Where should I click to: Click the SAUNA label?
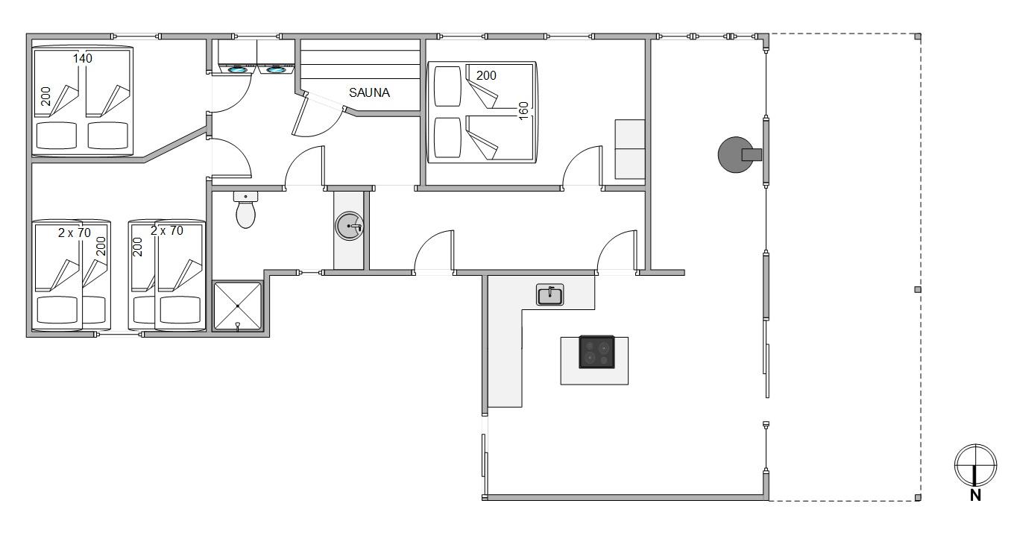(369, 92)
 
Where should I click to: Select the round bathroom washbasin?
(350, 226)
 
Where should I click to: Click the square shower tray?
(237, 306)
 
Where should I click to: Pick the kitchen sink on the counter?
(549, 294)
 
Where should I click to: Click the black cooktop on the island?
(596, 352)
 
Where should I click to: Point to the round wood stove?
(736, 155)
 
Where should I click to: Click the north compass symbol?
(975, 465)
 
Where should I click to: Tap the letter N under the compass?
(975, 495)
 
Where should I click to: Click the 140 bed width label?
(83, 58)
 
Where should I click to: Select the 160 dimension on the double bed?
(523, 110)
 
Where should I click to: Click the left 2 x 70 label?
(75, 233)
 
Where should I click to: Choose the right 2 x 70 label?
(167, 230)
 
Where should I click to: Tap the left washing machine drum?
(237, 70)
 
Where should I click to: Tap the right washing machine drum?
(274, 70)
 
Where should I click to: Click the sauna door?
(299, 114)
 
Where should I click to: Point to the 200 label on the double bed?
(486, 75)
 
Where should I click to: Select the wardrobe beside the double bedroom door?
(629, 149)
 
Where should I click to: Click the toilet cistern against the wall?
(245, 196)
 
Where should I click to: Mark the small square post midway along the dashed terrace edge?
(918, 290)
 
